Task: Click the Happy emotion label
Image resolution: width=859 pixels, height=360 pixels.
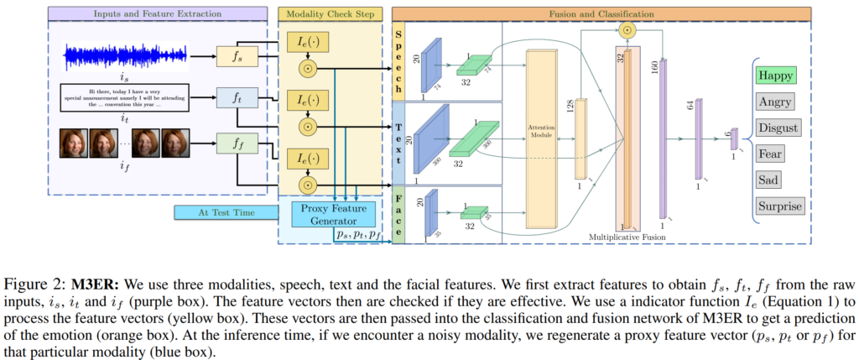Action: (777, 75)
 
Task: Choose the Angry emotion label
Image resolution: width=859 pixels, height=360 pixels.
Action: (777, 102)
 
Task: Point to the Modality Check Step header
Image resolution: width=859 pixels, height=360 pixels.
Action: (333, 14)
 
